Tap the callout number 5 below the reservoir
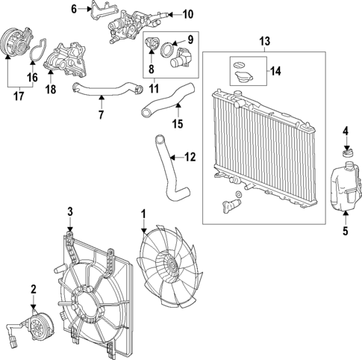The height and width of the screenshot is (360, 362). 346,230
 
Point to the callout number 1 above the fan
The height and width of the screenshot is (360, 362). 143,214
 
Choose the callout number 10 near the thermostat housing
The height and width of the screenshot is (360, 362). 187,13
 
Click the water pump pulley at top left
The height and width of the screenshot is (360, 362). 13,40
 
